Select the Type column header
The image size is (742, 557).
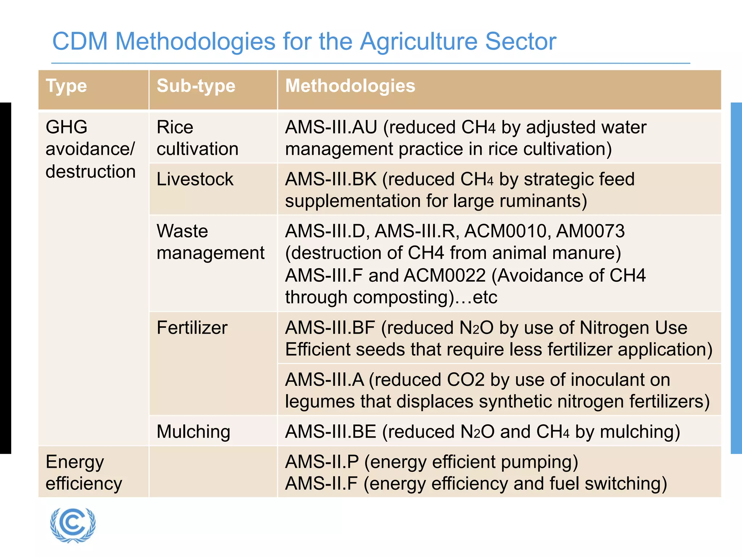(x=66, y=86)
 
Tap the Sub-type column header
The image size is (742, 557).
(x=196, y=86)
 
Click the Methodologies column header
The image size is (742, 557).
(x=350, y=86)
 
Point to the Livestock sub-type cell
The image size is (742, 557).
(x=195, y=179)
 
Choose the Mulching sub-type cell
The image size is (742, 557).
(x=193, y=432)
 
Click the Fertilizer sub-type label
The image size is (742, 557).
(x=192, y=328)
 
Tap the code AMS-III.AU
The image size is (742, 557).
(x=331, y=127)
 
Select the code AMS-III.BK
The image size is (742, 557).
(x=331, y=179)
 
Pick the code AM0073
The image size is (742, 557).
(x=590, y=231)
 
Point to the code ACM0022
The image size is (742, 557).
(x=445, y=276)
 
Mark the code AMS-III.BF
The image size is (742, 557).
(x=330, y=328)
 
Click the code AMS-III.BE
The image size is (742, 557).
(x=330, y=432)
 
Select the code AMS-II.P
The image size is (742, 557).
(x=322, y=462)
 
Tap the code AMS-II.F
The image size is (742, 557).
(x=321, y=484)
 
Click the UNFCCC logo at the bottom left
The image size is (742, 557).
(x=73, y=525)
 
